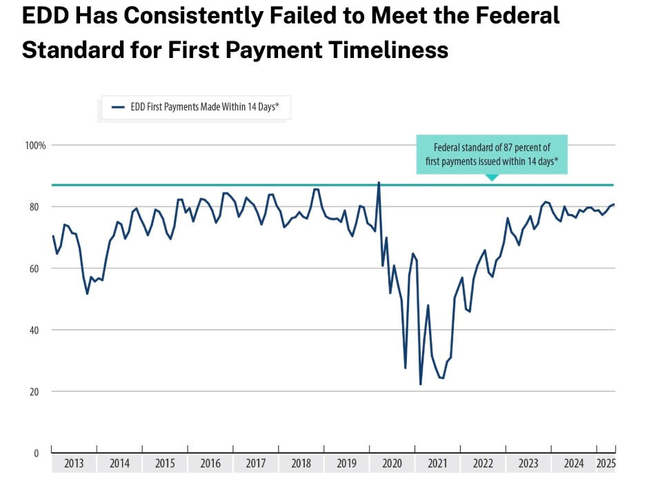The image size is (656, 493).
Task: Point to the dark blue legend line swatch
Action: pyautogui.click(x=118, y=107)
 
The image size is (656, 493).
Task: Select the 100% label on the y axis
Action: pyautogui.click(x=36, y=146)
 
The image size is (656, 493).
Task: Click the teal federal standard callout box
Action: pyautogui.click(x=490, y=154)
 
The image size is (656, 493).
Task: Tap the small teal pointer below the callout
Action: pyautogui.click(x=491, y=177)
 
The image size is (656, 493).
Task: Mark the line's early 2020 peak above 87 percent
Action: pyautogui.click(x=379, y=183)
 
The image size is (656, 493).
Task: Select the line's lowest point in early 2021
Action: pyautogui.click(x=421, y=384)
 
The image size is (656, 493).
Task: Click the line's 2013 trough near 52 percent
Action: pyautogui.click(x=87, y=294)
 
